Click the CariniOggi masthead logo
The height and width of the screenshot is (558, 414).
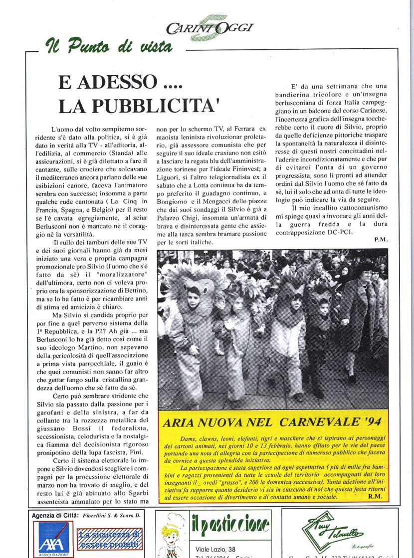(x=210, y=28)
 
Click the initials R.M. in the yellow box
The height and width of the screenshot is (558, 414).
(x=374, y=497)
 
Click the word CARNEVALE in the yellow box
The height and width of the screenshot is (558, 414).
(x=316, y=422)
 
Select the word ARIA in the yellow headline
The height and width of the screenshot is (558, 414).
(x=180, y=423)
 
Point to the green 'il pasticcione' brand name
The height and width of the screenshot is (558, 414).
(x=230, y=525)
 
